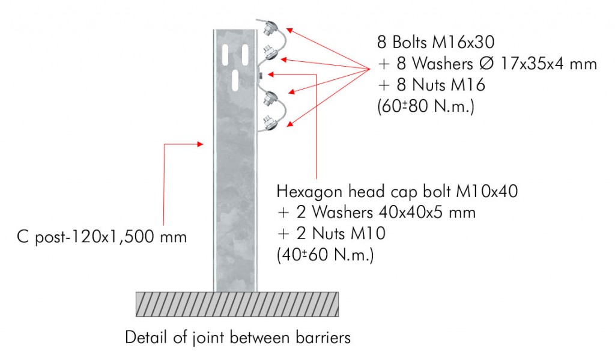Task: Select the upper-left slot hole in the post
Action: (225, 55)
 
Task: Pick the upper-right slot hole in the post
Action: (245, 55)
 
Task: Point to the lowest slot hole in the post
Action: (235, 81)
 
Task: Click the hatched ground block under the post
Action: (237, 304)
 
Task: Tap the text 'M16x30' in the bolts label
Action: (463, 42)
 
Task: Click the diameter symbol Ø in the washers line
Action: (486, 63)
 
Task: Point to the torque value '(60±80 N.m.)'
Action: (426, 106)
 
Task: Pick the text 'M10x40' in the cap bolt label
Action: (486, 191)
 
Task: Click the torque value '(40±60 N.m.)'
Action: (325, 255)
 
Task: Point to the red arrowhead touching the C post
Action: (199, 144)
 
